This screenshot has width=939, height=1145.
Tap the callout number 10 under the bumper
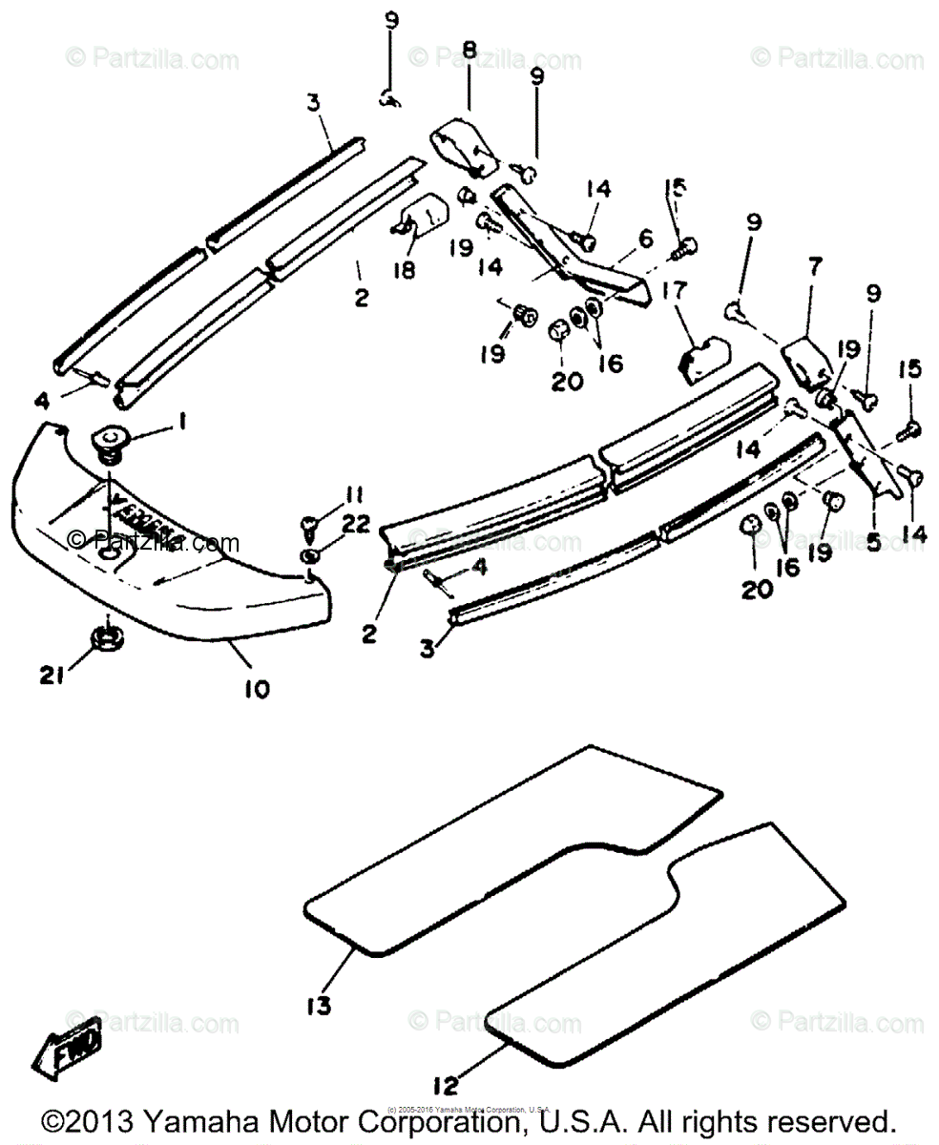click(256, 687)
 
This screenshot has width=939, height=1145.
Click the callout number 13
click(320, 1005)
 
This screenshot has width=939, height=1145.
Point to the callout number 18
click(404, 271)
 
